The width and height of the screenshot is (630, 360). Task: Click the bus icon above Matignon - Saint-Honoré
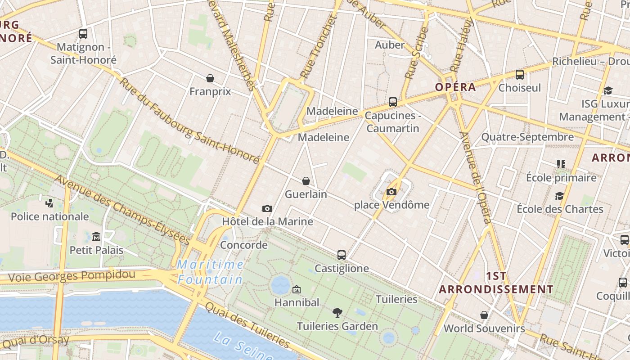point(83,33)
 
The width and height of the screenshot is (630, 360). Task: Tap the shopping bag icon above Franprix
point(210,78)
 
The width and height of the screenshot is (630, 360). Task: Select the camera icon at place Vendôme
point(391,192)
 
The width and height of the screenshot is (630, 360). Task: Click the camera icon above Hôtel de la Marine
point(267,208)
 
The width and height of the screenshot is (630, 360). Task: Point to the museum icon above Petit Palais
point(96,236)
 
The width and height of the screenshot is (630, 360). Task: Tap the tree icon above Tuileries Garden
point(337,313)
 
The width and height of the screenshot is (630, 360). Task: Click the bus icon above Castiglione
point(342,255)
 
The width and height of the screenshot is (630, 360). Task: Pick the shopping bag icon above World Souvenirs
point(484,315)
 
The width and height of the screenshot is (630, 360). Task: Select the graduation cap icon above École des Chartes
point(559,196)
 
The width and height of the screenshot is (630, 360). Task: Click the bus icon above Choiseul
point(520,75)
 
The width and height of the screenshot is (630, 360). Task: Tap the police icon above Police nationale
point(49,203)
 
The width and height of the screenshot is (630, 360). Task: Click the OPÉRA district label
point(455,87)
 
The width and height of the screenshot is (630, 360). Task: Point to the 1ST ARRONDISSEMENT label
point(496,283)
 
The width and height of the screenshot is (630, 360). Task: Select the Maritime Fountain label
point(210,272)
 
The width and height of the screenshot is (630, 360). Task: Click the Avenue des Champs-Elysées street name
point(122,210)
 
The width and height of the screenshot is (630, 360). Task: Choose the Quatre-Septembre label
point(527,137)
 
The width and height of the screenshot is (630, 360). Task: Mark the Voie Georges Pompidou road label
point(72,276)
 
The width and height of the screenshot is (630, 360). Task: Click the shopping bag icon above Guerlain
point(306,181)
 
